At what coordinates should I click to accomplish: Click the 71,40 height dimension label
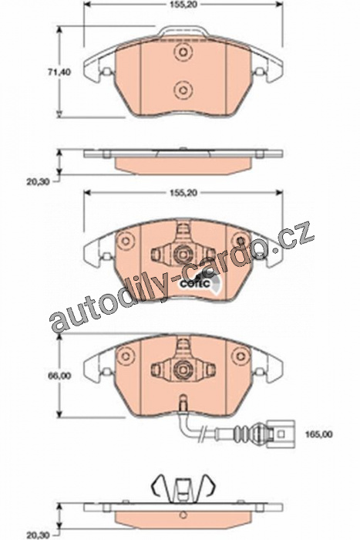(x=59, y=73)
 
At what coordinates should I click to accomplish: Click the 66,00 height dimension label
(x=59, y=376)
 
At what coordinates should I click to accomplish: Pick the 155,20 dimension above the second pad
(x=183, y=193)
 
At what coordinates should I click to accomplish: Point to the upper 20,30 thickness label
(x=39, y=181)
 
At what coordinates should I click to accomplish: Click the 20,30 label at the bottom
(x=39, y=535)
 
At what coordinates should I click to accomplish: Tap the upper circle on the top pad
(x=183, y=52)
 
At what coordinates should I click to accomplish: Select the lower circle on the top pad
(x=183, y=90)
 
